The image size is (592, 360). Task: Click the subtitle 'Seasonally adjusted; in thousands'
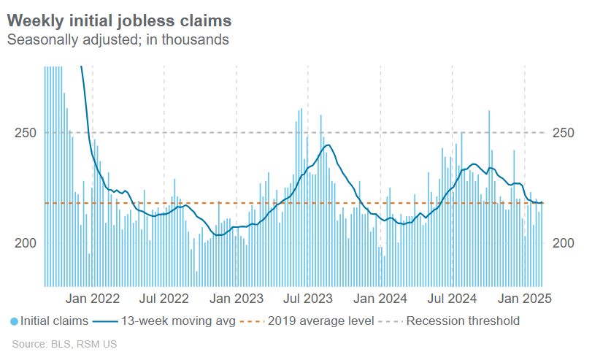[118, 39]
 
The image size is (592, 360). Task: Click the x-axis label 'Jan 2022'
[93, 298]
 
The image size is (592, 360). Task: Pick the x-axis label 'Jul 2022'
[164, 298]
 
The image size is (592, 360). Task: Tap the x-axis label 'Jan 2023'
[237, 298]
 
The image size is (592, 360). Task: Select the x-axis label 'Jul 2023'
[307, 298]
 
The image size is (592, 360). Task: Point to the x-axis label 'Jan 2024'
[380, 298]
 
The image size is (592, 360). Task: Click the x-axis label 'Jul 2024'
[452, 298]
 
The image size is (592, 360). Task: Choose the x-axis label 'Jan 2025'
[525, 298]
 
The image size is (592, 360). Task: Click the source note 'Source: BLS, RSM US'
[64, 343]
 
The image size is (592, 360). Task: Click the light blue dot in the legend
[15, 321]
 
